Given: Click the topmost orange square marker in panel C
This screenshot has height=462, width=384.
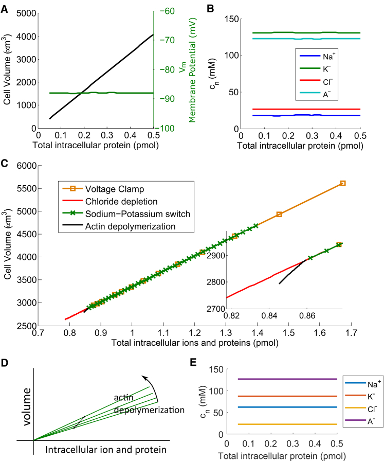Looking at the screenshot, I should tap(342, 183).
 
